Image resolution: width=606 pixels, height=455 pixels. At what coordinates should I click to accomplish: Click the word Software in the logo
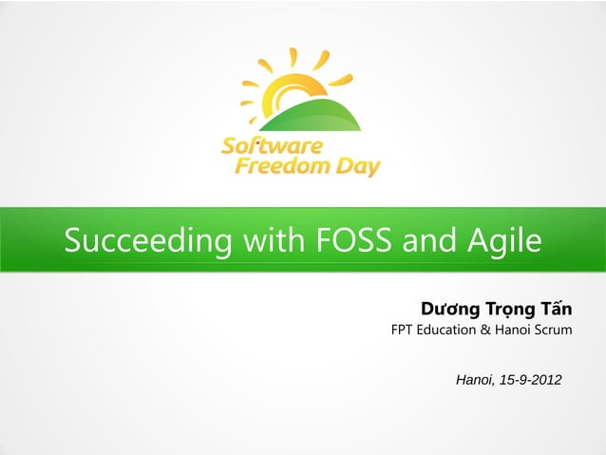[272, 146]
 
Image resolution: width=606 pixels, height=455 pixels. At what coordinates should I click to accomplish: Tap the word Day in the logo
[359, 168]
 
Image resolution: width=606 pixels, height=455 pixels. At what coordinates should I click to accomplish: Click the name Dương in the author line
[450, 310]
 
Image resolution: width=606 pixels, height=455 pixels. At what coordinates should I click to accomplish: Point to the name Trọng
[510, 310]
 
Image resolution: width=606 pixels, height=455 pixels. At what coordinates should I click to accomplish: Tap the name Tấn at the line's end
[556, 310]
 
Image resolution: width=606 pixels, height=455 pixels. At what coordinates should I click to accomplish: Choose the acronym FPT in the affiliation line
[404, 332]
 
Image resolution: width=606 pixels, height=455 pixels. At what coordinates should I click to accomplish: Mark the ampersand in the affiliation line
[484, 332]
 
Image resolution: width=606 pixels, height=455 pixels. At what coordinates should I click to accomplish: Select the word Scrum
[553, 332]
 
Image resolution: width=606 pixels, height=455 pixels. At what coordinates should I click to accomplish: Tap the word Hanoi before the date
[476, 380]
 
